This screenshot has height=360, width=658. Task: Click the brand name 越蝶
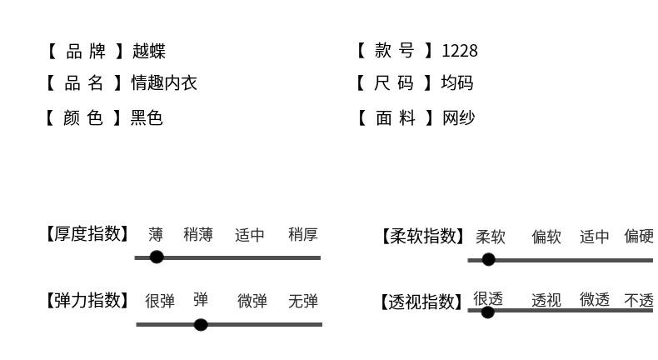[x=148, y=51]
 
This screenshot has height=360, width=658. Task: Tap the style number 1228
[x=460, y=51]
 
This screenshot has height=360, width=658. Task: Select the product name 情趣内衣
[x=164, y=83]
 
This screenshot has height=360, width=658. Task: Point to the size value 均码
[x=457, y=83]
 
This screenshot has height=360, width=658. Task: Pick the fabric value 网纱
[x=458, y=117]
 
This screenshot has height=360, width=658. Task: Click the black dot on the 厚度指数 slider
[x=157, y=257]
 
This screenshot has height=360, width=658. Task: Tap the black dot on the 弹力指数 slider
[x=201, y=324]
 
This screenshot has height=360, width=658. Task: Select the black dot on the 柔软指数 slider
[x=489, y=259]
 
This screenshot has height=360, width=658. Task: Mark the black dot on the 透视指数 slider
[x=488, y=312]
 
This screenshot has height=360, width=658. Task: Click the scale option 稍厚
[x=303, y=235]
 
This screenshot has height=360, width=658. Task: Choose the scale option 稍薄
[x=198, y=235]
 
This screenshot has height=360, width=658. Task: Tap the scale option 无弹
[x=303, y=301]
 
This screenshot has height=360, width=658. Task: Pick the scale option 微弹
[x=252, y=301]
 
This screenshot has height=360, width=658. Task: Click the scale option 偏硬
[x=639, y=237]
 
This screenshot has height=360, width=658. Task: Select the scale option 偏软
[x=546, y=237]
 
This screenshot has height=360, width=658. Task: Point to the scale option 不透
[x=639, y=300]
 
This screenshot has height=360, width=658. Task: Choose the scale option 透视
[x=546, y=300]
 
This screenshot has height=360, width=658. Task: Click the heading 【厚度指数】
[x=87, y=234]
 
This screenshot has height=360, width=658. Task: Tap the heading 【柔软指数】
[x=424, y=237]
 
